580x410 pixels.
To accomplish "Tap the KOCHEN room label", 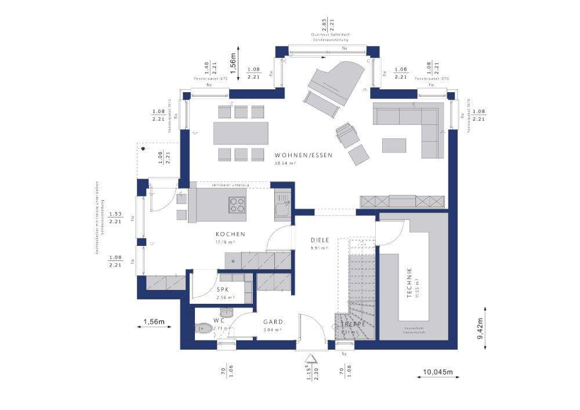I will [228, 234].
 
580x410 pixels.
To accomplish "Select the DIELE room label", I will [320, 240].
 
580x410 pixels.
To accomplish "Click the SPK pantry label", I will [222, 290].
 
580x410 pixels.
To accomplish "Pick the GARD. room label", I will [273, 322].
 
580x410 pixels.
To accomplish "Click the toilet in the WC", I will [204, 329].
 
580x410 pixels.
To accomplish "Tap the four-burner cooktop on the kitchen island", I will [238, 205].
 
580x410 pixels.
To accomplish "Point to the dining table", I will [241, 133].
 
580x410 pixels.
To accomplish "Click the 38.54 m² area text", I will [285, 164].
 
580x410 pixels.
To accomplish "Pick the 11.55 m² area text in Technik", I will [418, 284].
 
